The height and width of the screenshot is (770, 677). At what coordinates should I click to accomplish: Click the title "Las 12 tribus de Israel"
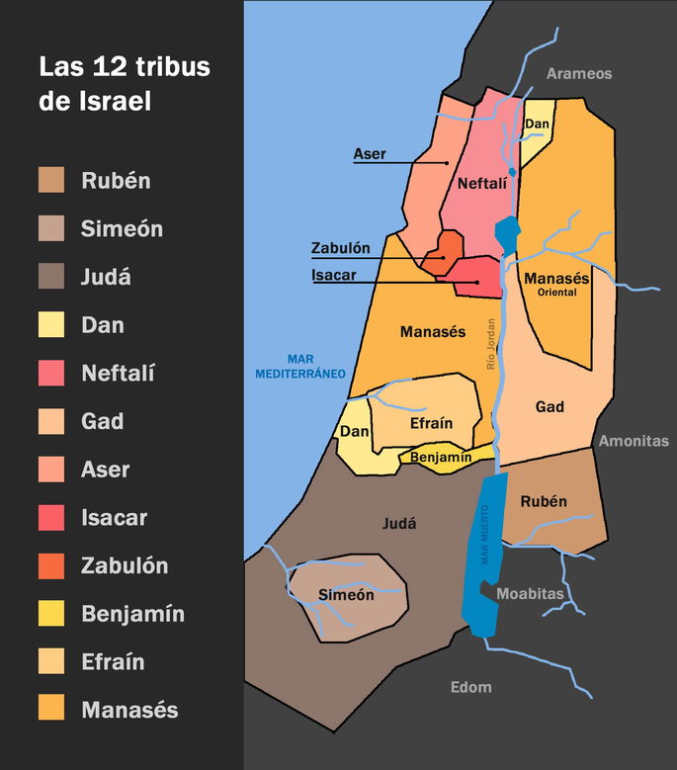[x=124, y=84]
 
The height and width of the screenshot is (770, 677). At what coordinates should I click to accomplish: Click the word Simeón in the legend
[x=122, y=229]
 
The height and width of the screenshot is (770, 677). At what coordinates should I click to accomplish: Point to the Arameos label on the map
[x=580, y=74]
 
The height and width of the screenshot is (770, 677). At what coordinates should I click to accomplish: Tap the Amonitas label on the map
[x=633, y=442]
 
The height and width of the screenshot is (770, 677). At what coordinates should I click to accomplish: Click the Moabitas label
[x=530, y=594]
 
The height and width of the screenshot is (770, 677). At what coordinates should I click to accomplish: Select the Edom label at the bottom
[x=470, y=687]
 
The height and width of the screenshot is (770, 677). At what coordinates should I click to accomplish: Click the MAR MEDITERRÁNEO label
[x=299, y=367]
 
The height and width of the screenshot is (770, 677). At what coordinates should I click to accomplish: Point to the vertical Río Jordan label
[x=489, y=347]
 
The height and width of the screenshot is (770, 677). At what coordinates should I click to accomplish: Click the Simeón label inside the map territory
[x=346, y=595]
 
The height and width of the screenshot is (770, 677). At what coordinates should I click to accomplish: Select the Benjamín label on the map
[x=440, y=458]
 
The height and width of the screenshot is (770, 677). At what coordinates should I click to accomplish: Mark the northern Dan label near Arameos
[x=537, y=124]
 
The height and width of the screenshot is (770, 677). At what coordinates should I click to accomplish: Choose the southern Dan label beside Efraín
[x=353, y=432]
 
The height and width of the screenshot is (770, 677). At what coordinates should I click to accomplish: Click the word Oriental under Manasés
[x=556, y=293]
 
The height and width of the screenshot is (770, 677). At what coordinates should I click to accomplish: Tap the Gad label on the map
[x=550, y=407]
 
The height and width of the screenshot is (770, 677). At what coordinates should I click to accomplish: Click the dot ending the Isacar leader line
[x=477, y=283]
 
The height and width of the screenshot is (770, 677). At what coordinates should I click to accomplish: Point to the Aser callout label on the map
[x=369, y=155]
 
